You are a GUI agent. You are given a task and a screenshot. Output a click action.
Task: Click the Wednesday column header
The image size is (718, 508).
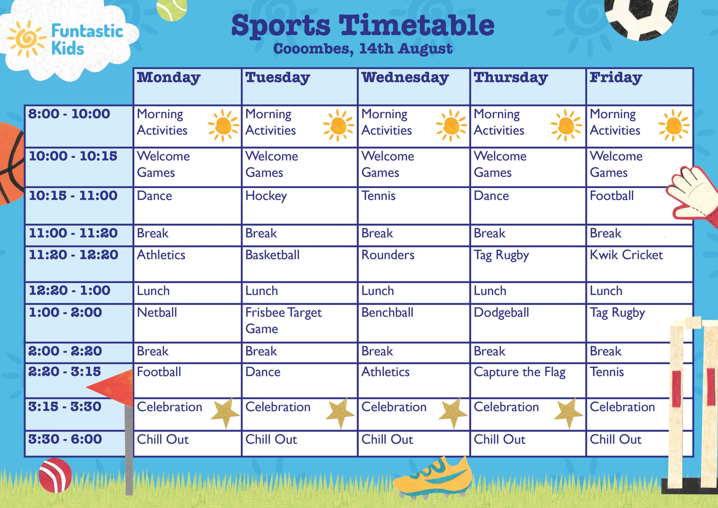tap(405, 78)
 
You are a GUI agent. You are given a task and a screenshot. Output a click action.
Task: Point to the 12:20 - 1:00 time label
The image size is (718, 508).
tap(70, 290)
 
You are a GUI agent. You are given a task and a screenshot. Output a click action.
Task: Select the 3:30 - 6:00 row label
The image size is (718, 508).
tap(65, 439)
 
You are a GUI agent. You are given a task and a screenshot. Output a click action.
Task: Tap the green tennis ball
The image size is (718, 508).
tap(172, 9)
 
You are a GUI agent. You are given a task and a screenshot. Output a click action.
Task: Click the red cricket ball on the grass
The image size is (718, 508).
tap(55, 475)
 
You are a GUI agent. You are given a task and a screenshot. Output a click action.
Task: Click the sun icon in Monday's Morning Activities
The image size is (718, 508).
tap(223, 125)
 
